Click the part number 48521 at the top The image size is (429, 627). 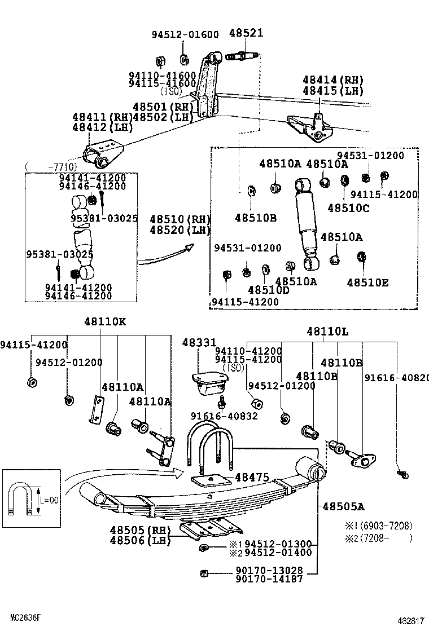[246, 33]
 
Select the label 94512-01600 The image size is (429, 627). [185, 34]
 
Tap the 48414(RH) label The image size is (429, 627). [333, 81]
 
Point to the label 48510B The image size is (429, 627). [256, 218]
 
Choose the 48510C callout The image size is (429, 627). [348, 207]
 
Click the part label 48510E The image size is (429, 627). [367, 283]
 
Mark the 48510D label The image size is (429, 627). [269, 290]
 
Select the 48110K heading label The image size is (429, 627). [106, 322]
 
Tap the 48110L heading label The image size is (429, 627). [327, 332]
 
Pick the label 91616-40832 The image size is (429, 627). [224, 416]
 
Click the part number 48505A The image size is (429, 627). [343, 506]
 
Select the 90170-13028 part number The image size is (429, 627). [269, 570]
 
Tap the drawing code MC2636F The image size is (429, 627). [25, 617]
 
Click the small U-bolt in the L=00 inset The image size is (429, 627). [20, 498]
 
